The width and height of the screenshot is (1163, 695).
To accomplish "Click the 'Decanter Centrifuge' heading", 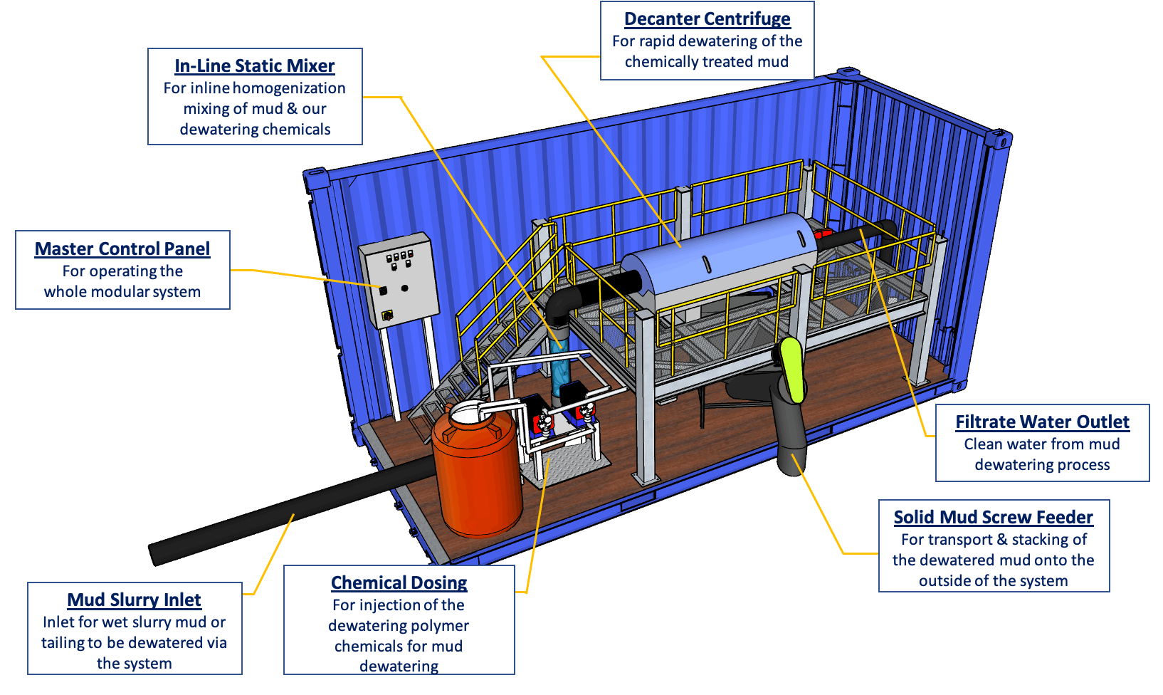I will tap(707, 19).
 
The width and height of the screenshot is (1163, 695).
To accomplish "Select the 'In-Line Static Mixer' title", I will tap(254, 66).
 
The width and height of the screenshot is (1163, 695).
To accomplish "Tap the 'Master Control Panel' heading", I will tap(122, 249).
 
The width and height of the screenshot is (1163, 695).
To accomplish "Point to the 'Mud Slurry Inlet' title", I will tap(134, 600).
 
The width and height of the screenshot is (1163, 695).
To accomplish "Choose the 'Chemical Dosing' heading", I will tap(399, 583).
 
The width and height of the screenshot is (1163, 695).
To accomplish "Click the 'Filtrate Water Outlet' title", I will tap(1042, 422).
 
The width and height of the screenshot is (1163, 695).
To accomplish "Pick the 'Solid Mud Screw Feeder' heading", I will tap(993, 518).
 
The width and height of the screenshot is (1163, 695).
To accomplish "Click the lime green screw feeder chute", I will tap(791, 369).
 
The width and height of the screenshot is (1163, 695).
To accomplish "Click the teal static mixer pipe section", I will tap(562, 370).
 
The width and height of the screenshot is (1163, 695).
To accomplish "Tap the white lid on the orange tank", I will tap(469, 413).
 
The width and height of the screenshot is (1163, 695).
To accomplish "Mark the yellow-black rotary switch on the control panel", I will tap(388, 313).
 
